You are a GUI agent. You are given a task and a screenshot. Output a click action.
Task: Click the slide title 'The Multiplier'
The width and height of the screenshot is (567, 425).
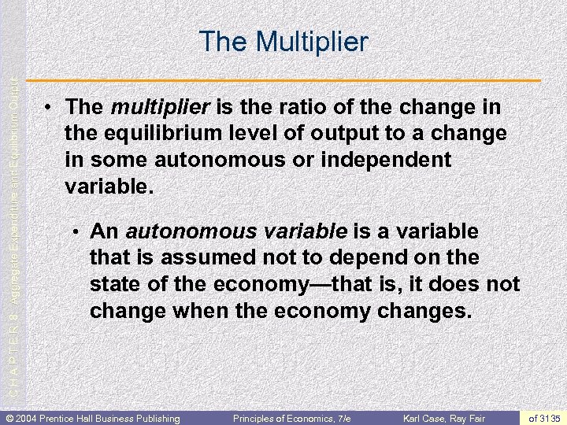pyautogui.click(x=283, y=41)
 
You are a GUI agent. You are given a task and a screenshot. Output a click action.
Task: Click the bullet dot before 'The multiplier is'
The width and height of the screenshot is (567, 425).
pyautogui.click(x=49, y=107)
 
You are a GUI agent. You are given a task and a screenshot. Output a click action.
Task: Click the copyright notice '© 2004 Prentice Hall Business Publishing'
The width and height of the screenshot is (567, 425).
pyautogui.click(x=93, y=417)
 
